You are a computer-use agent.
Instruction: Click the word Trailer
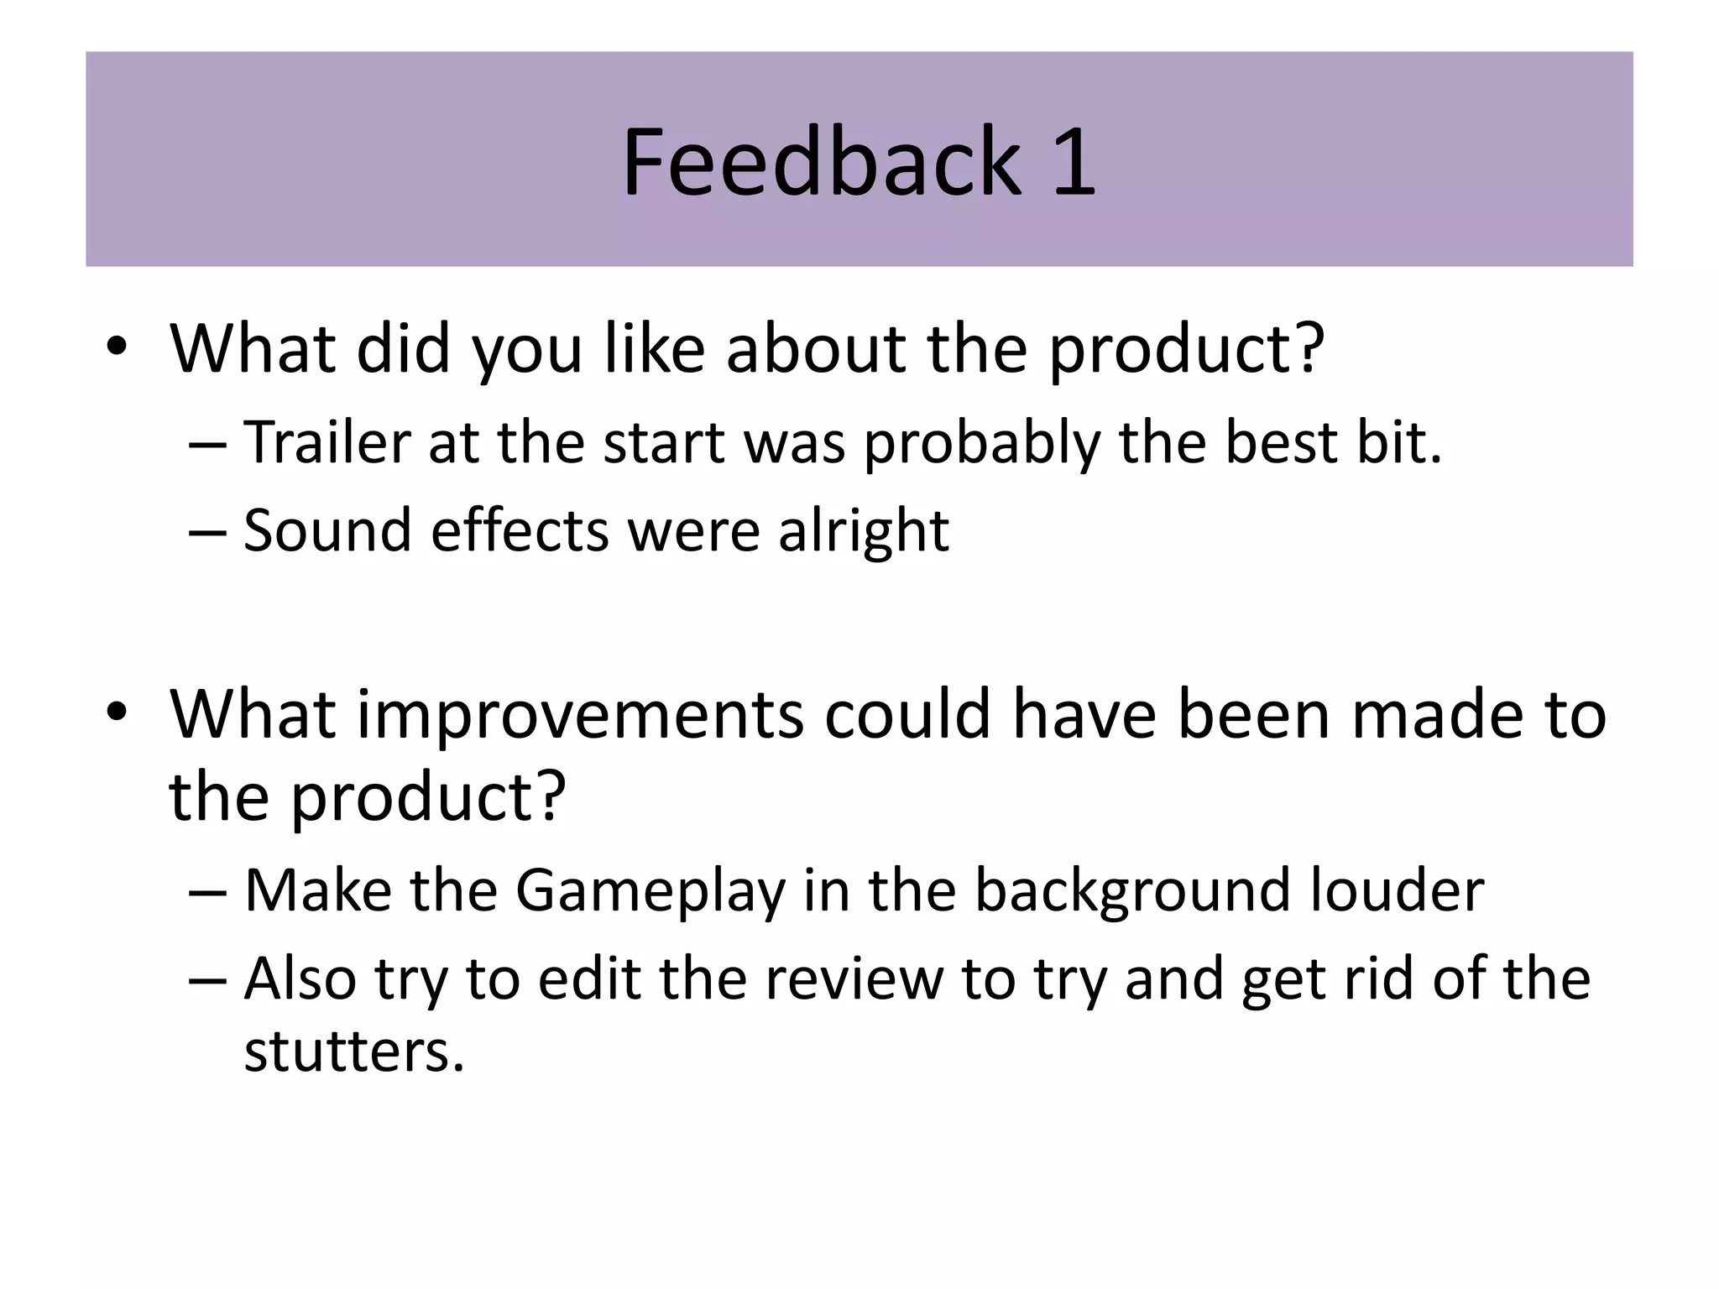click(x=327, y=441)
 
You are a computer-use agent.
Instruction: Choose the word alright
click(x=864, y=532)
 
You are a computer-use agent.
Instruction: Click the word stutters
click(x=353, y=1051)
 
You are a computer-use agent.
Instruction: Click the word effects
click(x=519, y=530)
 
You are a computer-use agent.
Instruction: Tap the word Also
click(x=300, y=978)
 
